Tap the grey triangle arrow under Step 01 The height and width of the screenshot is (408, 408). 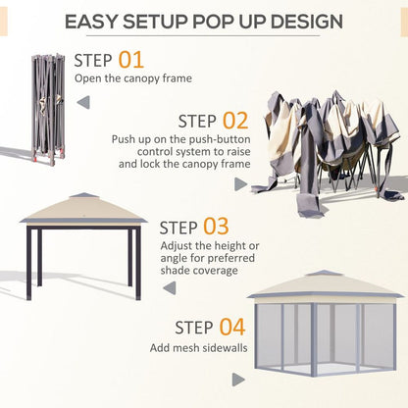[83, 100]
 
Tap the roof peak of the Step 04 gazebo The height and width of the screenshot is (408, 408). [325, 274]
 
